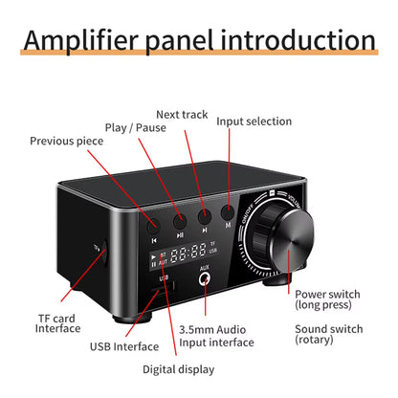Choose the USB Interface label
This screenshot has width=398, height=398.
[x=124, y=346]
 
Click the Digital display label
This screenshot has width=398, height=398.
[x=177, y=368]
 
